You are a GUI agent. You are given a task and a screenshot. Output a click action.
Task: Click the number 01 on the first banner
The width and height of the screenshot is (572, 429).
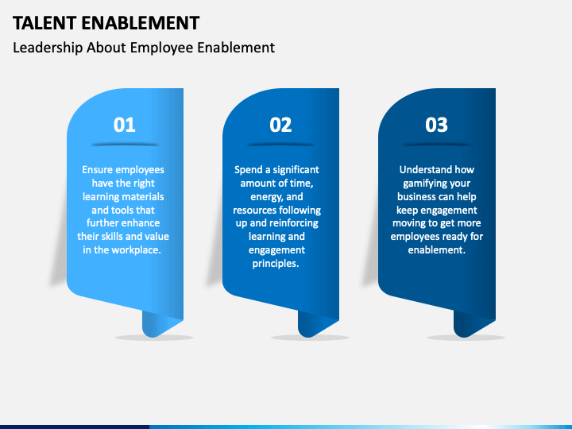click(125, 125)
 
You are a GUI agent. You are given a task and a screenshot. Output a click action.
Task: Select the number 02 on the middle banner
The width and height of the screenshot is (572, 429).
click(280, 125)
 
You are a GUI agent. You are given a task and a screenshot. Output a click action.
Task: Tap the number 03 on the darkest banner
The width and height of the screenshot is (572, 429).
click(436, 125)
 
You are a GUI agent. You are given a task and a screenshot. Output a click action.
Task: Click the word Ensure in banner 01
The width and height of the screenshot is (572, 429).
click(98, 169)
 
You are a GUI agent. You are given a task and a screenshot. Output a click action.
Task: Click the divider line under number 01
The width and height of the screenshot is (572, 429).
click(125, 145)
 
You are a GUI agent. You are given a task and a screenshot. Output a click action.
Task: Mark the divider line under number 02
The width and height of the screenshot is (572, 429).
click(280, 145)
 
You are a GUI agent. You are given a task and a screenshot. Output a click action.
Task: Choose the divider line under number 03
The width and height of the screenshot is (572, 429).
click(436, 145)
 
